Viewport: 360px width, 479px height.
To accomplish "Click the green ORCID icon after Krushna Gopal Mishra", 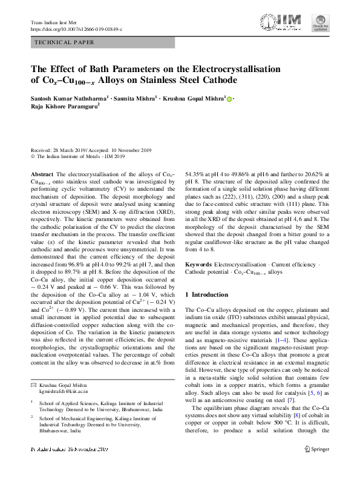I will [229, 99].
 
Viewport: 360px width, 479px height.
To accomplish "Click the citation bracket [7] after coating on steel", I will [308, 399].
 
